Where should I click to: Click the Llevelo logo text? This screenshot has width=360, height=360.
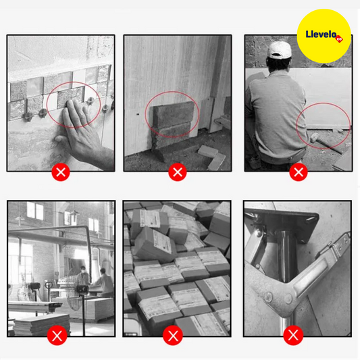click(321, 34)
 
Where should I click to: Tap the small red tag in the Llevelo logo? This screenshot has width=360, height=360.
click(339, 39)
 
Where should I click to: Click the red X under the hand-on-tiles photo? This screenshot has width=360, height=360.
click(61, 172)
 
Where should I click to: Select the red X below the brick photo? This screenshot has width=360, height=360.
click(178, 172)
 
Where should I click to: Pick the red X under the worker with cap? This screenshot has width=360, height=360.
click(299, 172)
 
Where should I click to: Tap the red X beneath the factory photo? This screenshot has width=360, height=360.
click(57, 335)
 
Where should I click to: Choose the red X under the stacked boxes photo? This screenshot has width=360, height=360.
click(173, 335)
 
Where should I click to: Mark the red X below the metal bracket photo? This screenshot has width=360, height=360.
click(293, 335)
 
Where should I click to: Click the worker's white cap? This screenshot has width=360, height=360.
click(279, 50)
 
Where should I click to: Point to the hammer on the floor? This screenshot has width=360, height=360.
click(326, 143)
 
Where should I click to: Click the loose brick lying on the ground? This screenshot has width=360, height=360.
click(208, 151)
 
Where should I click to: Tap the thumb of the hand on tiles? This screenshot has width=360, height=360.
click(60, 139)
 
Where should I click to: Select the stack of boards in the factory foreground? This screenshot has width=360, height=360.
click(41, 324)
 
